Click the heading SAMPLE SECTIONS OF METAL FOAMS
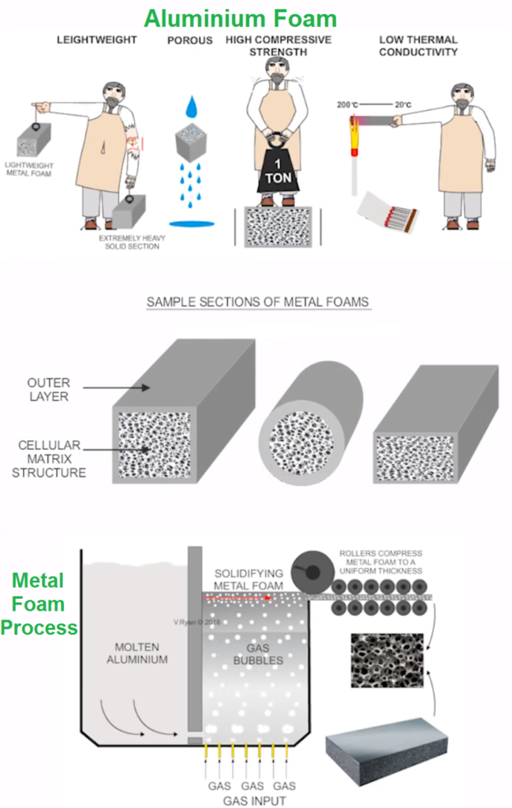(258, 302)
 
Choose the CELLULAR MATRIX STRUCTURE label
(51, 458)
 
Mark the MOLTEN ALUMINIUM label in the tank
(138, 653)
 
